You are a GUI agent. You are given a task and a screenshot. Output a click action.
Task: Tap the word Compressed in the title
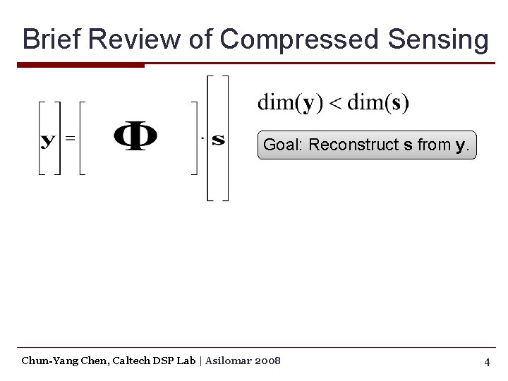point(299,40)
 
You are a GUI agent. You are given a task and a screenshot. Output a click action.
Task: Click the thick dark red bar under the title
point(80,66)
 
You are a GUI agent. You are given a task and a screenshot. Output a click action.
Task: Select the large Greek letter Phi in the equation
point(135,137)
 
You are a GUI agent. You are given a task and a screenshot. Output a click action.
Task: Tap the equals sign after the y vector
point(70,138)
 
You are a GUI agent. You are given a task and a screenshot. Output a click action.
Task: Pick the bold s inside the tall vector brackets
point(218,139)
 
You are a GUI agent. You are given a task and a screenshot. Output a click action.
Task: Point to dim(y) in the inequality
point(290,103)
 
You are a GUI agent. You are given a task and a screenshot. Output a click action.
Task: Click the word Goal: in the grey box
point(284,145)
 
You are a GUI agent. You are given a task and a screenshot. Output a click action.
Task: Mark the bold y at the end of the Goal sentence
point(460,147)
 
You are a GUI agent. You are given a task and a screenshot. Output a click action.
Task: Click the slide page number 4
point(487,362)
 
